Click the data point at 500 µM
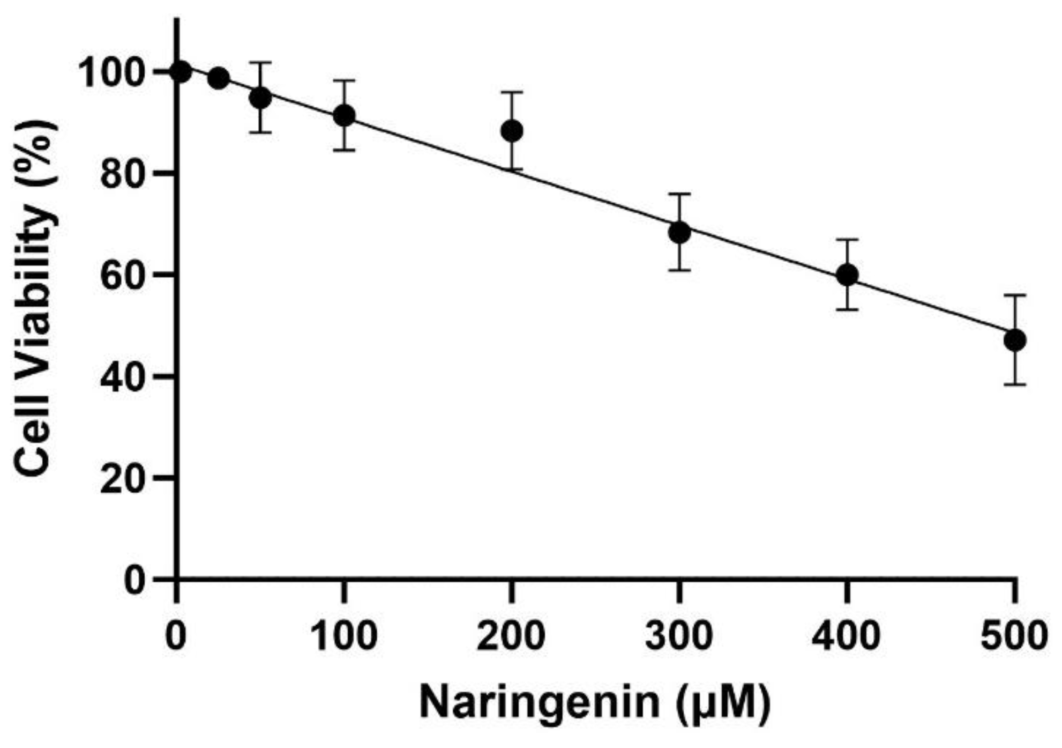coord(1015,340)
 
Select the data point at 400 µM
coord(847,275)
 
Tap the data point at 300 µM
coord(679,233)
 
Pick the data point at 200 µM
coord(512,131)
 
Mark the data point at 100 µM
coord(344,116)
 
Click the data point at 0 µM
coord(181,71)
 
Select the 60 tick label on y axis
coord(123,275)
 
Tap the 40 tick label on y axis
coord(123,376)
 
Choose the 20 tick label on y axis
coord(123,477)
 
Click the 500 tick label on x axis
coord(1014,636)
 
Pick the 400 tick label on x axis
coord(847,636)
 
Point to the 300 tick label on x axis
coord(679,636)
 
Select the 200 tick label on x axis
coord(511,636)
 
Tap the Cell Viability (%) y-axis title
coord(35,298)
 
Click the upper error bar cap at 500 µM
coord(1015,295)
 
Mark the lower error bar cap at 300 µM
coord(679,270)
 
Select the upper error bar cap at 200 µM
coord(512,92)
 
